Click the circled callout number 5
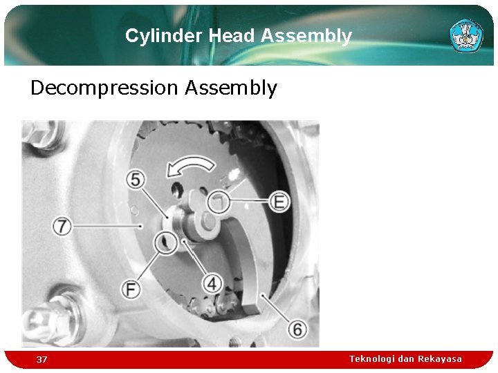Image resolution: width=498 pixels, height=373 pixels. [136, 180]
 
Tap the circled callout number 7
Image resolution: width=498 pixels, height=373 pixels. [63, 225]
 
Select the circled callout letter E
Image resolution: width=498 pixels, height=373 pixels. [279, 201]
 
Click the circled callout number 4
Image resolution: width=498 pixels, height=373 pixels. [212, 283]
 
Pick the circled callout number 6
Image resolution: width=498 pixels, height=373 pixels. [297, 329]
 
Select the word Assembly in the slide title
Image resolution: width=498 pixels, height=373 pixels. [306, 36]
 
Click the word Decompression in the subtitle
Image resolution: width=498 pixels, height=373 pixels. [104, 88]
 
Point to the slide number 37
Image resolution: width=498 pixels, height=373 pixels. [42, 359]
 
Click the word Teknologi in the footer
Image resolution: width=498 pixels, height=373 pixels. [372, 358]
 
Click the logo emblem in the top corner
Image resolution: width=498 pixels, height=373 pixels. [466, 35]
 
